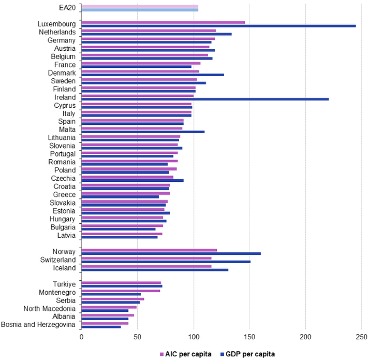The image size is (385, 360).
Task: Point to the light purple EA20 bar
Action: coord(140,6)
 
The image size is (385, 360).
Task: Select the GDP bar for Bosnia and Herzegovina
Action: coord(101,327)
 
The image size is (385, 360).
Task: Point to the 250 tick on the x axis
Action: coord(362,337)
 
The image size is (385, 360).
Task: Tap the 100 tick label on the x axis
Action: coord(194,337)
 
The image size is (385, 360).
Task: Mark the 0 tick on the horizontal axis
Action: coord(81,337)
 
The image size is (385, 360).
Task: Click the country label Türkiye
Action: coord(64,284)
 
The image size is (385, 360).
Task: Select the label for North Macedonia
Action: coord(50,308)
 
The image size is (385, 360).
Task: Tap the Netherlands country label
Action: coord(57,32)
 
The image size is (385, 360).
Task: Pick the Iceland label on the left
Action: coord(65,268)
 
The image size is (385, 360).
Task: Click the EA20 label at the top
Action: coord(67,8)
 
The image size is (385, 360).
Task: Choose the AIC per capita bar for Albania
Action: coord(108,315)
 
